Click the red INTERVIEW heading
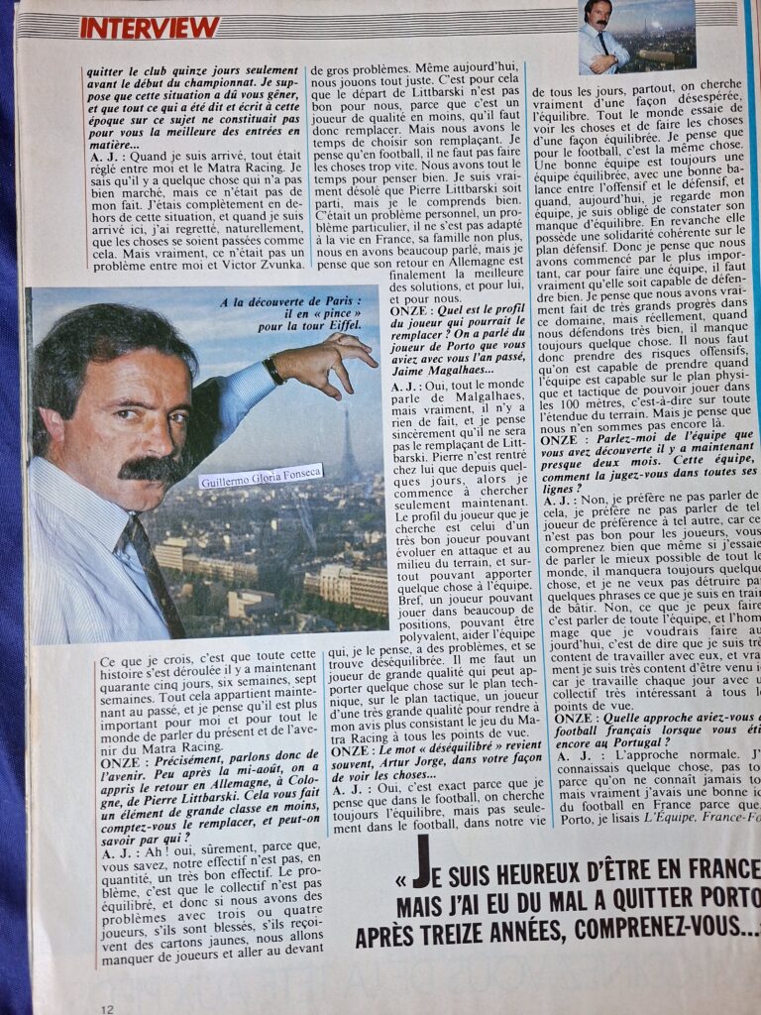coord(150,27)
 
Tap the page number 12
coord(107,1007)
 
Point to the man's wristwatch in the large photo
coord(274,370)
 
